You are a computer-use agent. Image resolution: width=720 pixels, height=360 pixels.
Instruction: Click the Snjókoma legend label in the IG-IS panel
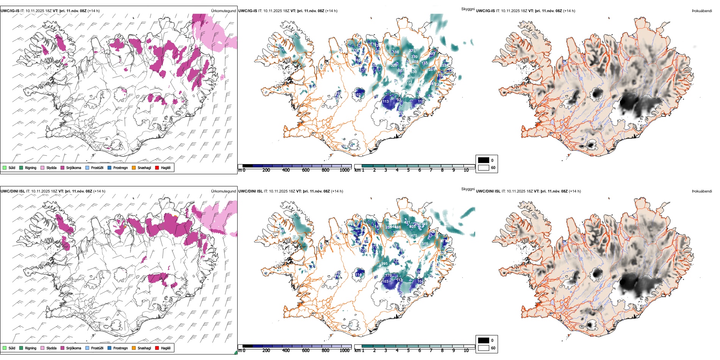74,168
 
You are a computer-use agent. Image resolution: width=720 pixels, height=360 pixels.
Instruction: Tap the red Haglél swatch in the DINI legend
157,348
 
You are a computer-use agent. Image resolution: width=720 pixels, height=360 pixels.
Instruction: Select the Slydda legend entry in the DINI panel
51,348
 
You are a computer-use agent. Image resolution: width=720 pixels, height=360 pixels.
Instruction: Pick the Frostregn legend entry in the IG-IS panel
120,168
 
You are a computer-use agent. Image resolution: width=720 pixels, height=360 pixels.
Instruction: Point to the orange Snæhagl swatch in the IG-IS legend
134,167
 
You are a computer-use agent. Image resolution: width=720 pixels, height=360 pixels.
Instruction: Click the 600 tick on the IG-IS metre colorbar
305,170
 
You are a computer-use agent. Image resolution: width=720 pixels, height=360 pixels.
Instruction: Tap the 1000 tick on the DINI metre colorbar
344,351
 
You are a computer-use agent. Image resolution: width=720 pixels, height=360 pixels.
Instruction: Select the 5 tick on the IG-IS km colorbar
408,170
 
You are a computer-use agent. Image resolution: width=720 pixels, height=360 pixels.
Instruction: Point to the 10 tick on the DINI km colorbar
466,351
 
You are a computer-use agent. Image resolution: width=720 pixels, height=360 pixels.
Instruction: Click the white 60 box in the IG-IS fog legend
484,167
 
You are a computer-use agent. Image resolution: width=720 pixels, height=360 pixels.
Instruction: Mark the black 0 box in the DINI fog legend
484,340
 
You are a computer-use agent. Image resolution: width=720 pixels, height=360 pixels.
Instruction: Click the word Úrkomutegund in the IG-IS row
223,11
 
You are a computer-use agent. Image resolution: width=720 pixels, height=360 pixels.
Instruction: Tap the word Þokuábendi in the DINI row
702,191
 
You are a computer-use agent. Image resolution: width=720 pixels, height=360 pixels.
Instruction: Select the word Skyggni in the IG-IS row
468,9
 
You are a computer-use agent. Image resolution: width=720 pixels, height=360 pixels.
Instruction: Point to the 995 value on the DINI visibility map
384,264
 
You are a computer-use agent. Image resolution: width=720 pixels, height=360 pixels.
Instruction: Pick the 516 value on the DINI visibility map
425,244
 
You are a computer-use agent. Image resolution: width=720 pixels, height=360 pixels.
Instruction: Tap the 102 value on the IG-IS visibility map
358,95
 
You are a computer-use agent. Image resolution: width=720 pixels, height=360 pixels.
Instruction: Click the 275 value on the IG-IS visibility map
412,51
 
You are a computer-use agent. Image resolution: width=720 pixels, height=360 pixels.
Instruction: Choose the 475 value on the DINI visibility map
414,236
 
